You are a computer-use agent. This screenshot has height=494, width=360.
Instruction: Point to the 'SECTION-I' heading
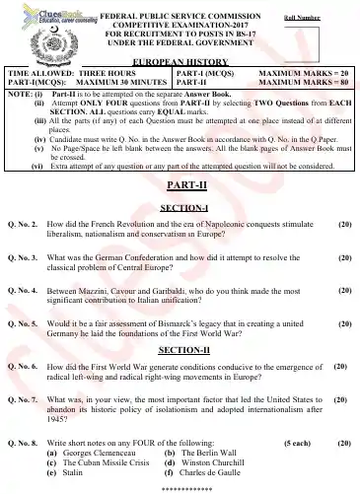click(180, 207)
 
